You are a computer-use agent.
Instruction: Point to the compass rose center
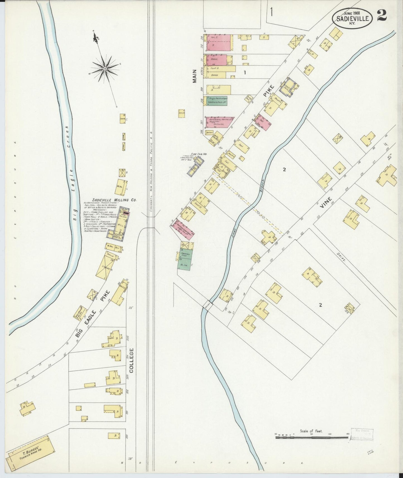[105, 69]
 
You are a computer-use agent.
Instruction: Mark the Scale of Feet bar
[312, 438]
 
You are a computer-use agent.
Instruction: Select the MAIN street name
[195, 76]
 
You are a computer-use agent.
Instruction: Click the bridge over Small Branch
[208, 304]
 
